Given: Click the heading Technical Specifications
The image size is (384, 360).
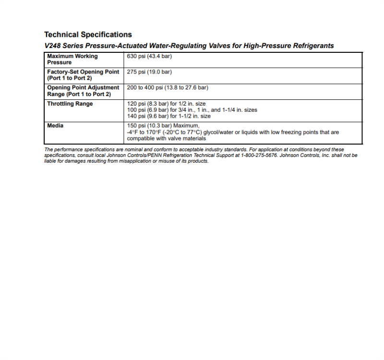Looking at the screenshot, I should tap(88, 35).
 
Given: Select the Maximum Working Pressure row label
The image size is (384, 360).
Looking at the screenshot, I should tap(72, 59).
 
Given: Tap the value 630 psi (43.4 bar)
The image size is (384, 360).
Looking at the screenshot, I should tap(149, 56).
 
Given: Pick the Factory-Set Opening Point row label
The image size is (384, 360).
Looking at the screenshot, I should tap(83, 75).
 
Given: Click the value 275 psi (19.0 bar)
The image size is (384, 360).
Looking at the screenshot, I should tap(149, 72).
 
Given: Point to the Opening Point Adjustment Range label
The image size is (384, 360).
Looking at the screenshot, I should tap(83, 91).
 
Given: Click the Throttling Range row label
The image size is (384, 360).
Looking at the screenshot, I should tap(70, 104).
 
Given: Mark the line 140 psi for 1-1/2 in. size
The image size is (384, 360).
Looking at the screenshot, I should tap(168, 116).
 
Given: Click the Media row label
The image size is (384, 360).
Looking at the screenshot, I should tap(55, 126).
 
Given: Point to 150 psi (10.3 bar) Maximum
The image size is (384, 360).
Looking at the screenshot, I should tap(161, 126).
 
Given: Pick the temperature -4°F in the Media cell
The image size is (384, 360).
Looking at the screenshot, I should tap(132, 132).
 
